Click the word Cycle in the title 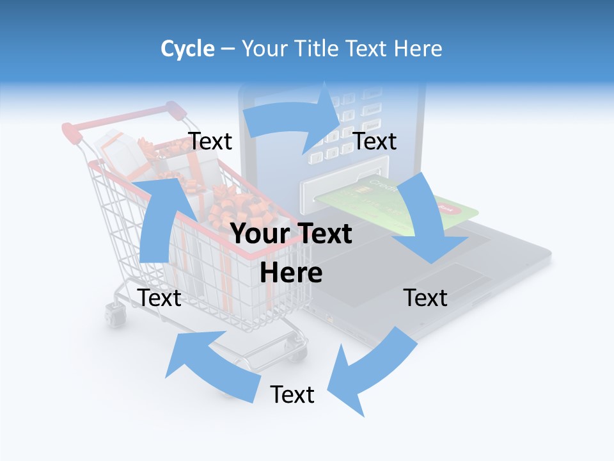[x=187, y=49]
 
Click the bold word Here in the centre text [x=291, y=273]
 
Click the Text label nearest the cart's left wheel [x=159, y=298]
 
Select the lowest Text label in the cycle [x=292, y=394]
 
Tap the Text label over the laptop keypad [x=375, y=141]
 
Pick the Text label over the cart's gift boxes [x=210, y=141]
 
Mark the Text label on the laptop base [x=425, y=298]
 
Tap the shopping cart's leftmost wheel [x=114, y=315]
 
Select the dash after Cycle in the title [x=228, y=49]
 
